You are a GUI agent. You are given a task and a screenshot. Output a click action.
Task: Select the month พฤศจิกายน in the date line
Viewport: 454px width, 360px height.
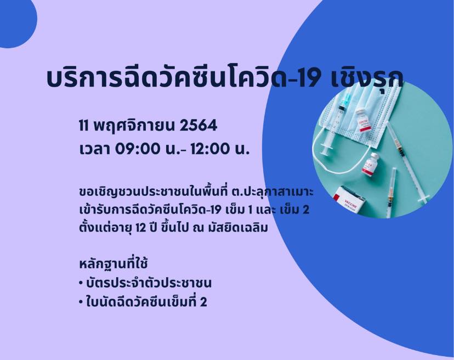[x=134, y=126]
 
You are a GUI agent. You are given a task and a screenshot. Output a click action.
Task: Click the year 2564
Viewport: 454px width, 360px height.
[x=198, y=126]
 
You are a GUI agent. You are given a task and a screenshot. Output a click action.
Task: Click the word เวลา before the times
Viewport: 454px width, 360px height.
[x=94, y=149]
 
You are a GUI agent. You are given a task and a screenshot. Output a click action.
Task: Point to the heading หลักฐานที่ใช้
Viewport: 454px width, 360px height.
[x=113, y=264]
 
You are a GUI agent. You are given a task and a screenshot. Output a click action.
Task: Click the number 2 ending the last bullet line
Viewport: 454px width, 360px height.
[x=203, y=302]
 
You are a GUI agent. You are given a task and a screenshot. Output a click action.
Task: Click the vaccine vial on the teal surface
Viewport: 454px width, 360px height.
[x=372, y=164]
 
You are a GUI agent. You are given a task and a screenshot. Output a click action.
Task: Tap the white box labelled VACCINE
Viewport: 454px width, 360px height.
[x=348, y=199]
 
